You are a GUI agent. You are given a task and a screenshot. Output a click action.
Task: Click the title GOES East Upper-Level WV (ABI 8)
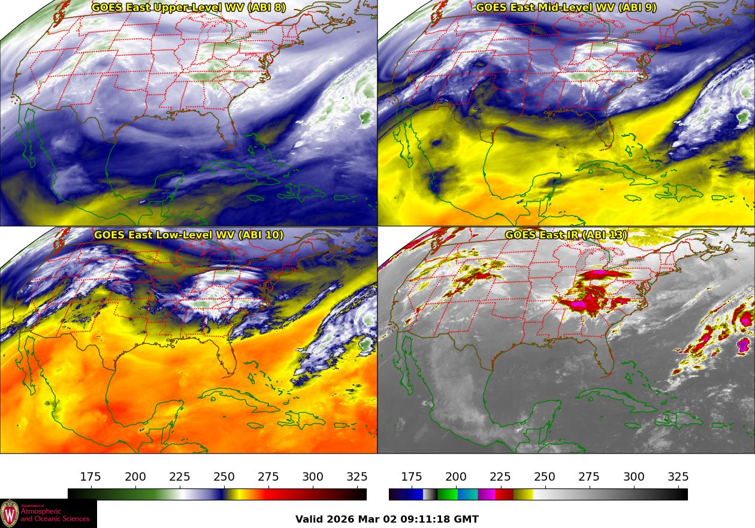pos(188,8)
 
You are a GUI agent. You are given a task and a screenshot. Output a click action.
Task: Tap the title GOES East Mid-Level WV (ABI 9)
pos(566,8)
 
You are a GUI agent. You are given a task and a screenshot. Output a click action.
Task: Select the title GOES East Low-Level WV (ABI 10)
pos(188,234)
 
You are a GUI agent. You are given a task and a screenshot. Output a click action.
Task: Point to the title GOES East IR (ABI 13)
pos(566,234)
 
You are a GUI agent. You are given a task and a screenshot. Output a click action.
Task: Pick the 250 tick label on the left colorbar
pos(224,477)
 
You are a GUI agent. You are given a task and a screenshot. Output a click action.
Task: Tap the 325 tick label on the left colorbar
pos(357,477)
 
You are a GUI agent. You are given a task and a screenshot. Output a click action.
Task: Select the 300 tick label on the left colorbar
pos(313,477)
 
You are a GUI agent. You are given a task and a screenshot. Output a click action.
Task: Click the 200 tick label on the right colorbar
pos(456,477)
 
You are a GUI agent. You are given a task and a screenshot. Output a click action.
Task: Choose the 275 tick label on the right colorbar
pos(589,477)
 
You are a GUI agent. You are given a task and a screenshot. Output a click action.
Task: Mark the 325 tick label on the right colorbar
pos(678,477)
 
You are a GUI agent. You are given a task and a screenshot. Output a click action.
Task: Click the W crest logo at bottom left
pos(10,514)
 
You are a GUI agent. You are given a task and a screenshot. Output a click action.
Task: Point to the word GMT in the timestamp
pos(467,519)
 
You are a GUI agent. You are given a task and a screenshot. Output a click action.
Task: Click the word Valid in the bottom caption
pos(310,519)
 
